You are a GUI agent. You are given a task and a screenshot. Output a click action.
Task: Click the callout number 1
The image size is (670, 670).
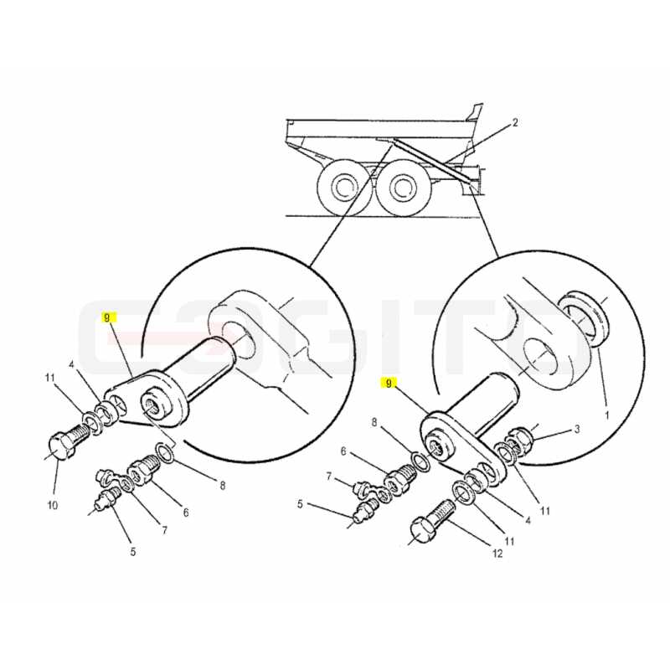(607, 415)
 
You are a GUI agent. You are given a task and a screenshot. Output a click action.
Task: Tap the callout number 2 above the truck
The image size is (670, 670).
(515, 122)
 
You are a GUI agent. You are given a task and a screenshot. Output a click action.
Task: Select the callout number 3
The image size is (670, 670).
(576, 429)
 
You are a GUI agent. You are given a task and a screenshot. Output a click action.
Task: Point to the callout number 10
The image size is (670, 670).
(52, 506)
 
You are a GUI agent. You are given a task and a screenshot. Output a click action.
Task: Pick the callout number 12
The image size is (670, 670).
(497, 554)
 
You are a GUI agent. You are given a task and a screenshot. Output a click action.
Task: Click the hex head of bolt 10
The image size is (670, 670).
(59, 446)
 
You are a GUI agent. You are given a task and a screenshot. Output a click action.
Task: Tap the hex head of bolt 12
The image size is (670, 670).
(423, 530)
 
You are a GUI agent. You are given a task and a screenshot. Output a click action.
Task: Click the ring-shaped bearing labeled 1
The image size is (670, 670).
(585, 318)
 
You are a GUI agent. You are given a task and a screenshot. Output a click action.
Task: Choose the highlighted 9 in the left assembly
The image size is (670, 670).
(107, 317)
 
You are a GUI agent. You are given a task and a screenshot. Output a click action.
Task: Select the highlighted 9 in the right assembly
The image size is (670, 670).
(389, 384)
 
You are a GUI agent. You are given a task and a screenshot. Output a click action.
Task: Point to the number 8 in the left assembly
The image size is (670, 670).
(222, 486)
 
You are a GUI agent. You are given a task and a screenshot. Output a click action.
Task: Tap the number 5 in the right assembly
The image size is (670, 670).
(300, 505)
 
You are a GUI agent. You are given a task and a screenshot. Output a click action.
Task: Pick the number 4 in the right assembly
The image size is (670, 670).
(528, 521)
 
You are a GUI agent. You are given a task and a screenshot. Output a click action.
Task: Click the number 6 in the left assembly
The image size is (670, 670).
(186, 513)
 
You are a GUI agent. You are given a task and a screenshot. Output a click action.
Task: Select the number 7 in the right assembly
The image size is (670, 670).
(328, 476)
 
